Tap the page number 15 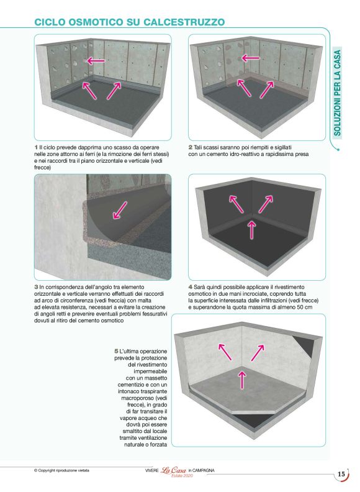(x=341, y=474)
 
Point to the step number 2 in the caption (x=190, y=146)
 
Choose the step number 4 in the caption (x=190, y=287)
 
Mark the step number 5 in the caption (x=115, y=352)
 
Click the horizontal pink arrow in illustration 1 (x=95, y=60)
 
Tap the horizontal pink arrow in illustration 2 (x=250, y=58)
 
